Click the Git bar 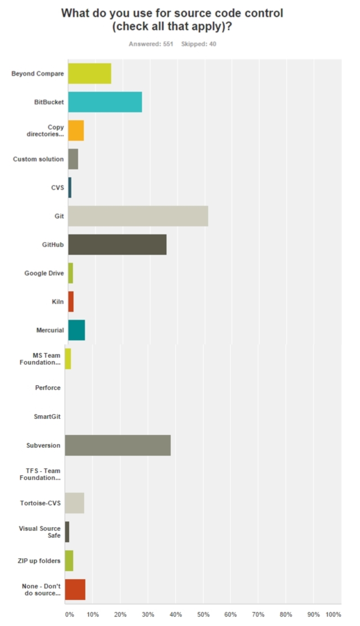138,216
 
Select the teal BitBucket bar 105,102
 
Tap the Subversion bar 117,445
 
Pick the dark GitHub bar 117,244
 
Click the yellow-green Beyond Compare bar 90,73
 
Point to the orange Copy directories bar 76,131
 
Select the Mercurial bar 76,330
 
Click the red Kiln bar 71,302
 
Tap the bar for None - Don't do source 75,590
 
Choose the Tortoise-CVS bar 74,503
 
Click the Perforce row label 48,387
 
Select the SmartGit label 47,416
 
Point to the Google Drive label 44,273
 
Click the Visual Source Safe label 40,532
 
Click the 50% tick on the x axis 203,614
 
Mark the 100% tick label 333,614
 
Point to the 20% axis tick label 120,614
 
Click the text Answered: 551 151,44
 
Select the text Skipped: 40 198,44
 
